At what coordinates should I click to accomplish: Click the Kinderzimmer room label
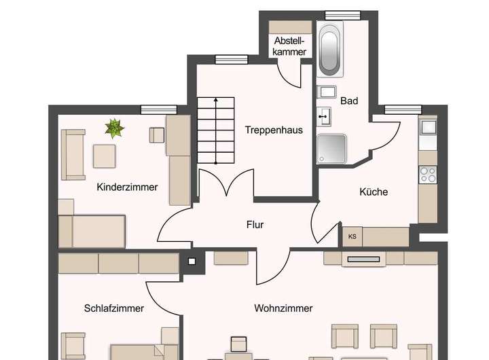[x=127, y=187]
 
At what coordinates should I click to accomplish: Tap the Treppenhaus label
[x=274, y=130]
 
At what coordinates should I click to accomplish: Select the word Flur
[x=255, y=224]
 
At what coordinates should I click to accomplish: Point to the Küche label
[x=374, y=192]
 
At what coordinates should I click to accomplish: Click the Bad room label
[x=349, y=101]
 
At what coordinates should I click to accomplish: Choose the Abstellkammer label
[x=290, y=46]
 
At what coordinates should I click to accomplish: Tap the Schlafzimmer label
[x=114, y=308]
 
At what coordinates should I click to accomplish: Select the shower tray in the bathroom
[x=331, y=149]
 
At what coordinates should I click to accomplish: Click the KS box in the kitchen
[x=352, y=236]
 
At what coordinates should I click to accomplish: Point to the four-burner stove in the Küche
[x=428, y=175]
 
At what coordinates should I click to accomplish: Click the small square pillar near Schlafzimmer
[x=192, y=260]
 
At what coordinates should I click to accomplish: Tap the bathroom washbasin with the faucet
[x=325, y=115]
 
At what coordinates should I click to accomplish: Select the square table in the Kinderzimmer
[x=105, y=156]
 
